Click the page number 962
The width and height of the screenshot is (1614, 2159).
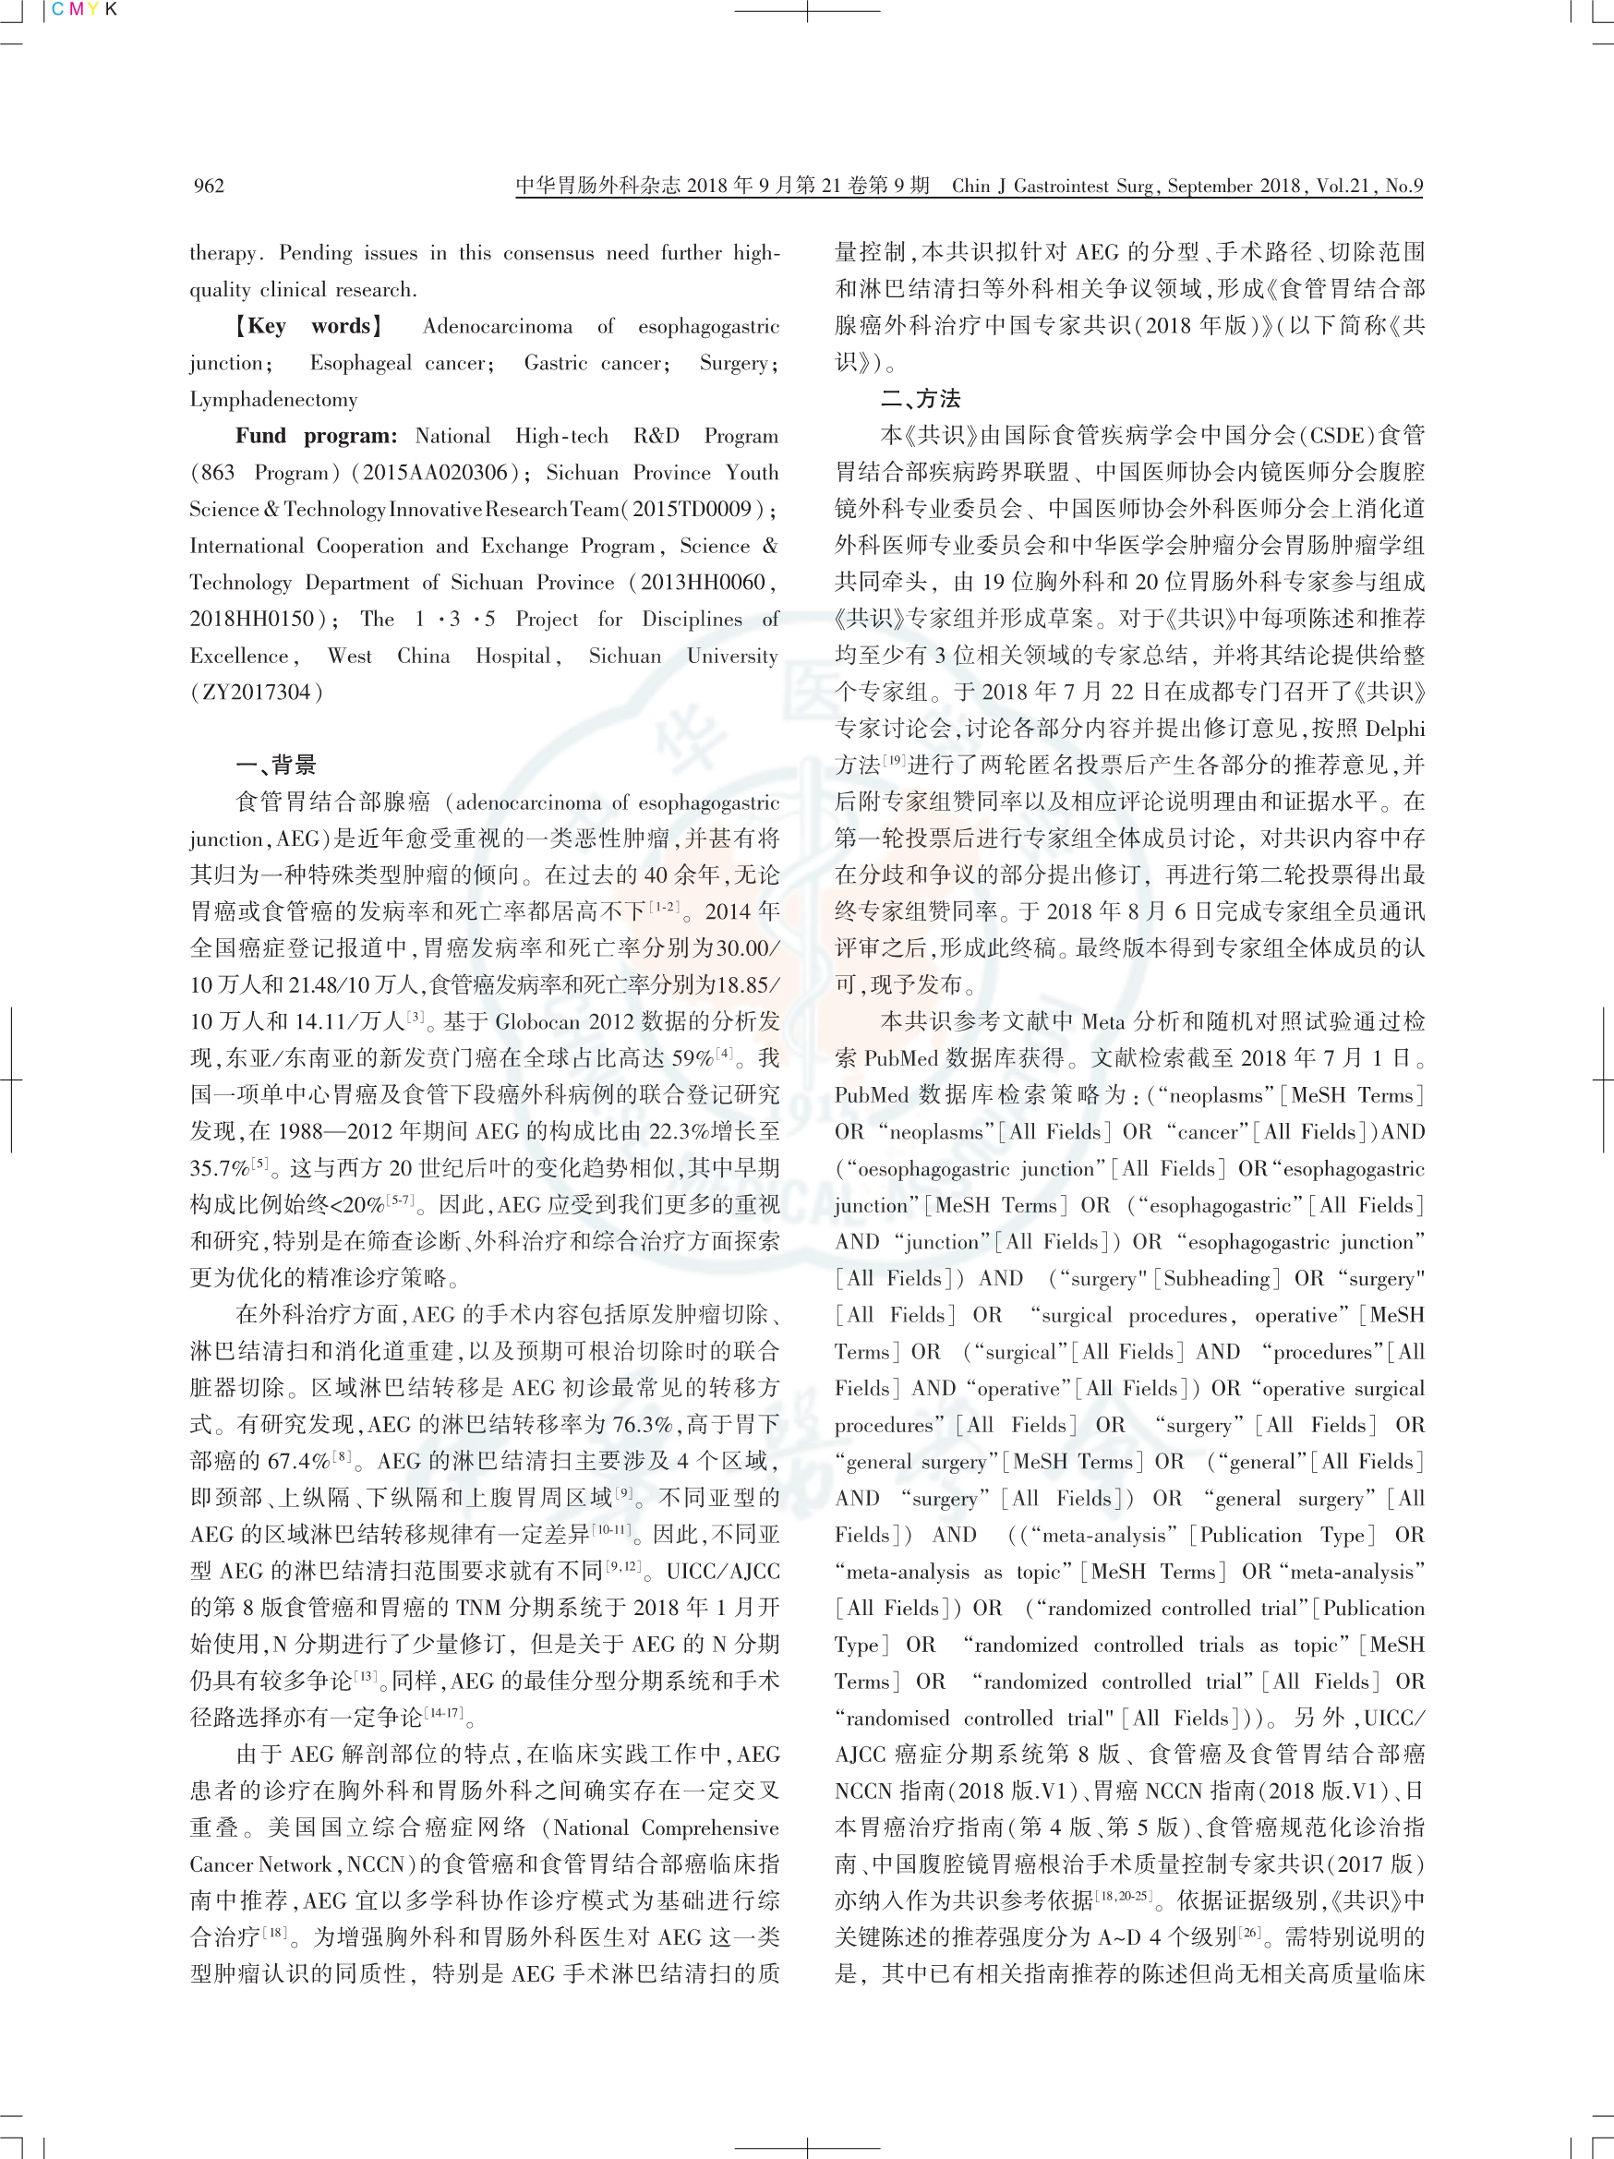(209, 186)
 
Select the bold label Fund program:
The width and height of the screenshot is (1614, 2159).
(316, 435)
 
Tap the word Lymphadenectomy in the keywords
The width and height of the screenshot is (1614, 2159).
(273, 399)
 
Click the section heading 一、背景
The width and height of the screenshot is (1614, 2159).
(275, 765)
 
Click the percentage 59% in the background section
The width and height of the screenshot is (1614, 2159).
(692, 1058)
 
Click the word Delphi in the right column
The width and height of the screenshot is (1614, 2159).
(1394, 728)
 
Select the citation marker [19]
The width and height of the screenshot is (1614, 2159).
(895, 760)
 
